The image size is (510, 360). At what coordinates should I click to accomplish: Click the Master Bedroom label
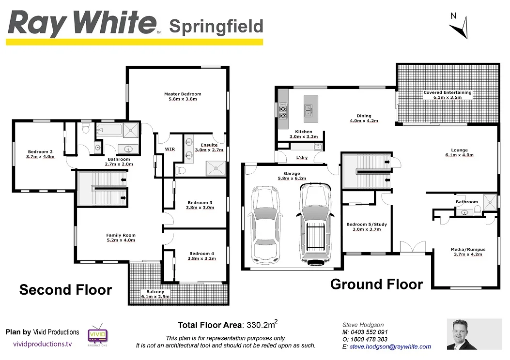(x=182, y=96)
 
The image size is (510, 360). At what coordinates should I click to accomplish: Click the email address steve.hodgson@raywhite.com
(x=390, y=347)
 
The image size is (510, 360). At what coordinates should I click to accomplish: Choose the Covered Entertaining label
(x=447, y=95)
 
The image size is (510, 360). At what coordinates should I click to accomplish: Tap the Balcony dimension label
(x=155, y=294)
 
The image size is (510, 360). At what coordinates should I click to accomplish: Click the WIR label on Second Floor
(x=170, y=149)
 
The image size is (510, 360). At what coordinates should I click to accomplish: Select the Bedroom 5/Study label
(x=367, y=226)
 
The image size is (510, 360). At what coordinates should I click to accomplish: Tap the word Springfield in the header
(x=216, y=26)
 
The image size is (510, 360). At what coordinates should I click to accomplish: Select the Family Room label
(x=121, y=238)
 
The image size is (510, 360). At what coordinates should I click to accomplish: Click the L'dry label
(x=302, y=158)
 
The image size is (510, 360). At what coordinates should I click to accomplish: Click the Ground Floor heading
(x=376, y=284)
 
